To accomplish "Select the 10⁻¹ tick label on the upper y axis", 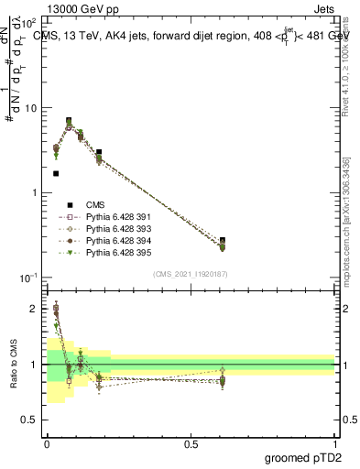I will (29, 277).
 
